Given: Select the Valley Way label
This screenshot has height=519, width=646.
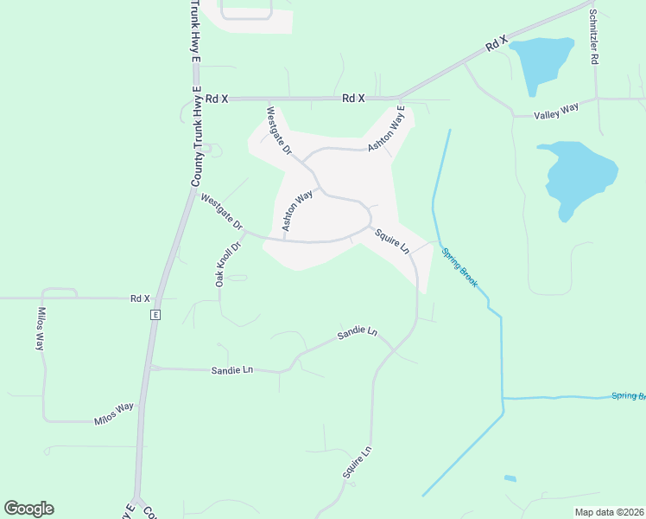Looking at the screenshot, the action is point(556,110).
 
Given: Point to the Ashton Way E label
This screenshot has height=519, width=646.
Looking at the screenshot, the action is point(386,131).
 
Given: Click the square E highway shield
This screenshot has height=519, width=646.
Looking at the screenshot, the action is point(155,314).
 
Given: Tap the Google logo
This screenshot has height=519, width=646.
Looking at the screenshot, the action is point(28,509).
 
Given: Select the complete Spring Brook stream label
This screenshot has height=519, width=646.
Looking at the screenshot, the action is point(459,267).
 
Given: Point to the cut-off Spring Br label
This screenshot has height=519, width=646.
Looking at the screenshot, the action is point(628,395).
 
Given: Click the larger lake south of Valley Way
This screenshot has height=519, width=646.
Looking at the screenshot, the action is point(579,174).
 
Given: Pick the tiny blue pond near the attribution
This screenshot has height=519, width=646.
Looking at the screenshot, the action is point(510,478).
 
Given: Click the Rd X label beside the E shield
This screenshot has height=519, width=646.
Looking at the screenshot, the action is point(140,298).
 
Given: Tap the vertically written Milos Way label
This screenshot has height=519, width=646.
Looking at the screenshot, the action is point(40,329).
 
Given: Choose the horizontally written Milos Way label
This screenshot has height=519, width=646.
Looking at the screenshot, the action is point(114,413).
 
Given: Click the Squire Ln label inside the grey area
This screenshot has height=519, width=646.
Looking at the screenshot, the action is point(392,240).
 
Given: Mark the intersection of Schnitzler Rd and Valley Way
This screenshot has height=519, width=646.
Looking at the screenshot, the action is point(597,99).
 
